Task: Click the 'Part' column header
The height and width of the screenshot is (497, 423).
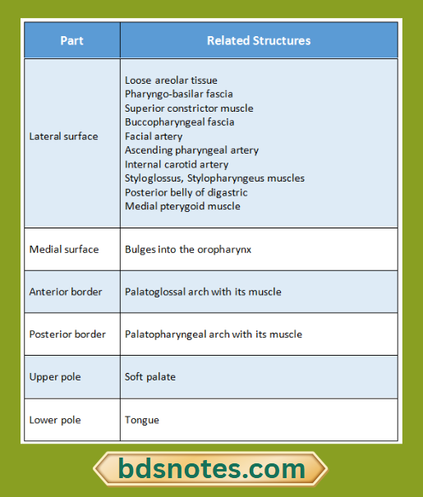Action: [x=71, y=40]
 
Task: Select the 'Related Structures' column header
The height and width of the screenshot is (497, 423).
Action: [x=259, y=40]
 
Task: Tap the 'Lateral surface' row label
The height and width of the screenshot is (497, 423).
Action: [x=63, y=136]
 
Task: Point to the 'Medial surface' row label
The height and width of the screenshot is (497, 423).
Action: [x=63, y=249]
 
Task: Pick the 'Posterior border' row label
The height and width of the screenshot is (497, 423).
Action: [x=67, y=334]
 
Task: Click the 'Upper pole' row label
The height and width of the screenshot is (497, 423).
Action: [x=55, y=377]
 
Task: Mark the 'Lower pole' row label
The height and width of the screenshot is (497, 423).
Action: [x=55, y=420]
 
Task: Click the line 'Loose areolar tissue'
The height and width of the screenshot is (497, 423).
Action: [x=171, y=81]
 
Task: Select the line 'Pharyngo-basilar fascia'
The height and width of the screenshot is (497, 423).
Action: [x=178, y=94]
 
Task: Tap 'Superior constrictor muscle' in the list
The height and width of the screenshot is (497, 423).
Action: [x=189, y=108]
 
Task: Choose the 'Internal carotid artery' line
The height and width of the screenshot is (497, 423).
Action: [x=177, y=164]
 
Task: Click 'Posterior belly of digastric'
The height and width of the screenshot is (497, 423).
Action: [x=186, y=192]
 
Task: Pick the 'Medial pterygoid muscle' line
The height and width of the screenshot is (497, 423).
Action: [x=182, y=206]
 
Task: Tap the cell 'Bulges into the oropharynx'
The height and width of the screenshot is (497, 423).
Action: [x=188, y=249]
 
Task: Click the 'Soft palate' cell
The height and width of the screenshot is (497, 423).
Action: [x=150, y=377]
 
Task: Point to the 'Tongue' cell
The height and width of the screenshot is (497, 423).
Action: [x=142, y=420]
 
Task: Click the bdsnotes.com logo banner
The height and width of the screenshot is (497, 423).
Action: [x=210, y=469]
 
